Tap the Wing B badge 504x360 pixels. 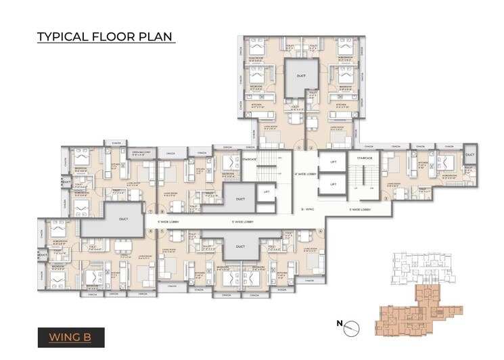(70, 336)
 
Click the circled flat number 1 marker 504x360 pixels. (299, 146)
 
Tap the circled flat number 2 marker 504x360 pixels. (312, 146)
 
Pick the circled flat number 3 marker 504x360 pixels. (386, 199)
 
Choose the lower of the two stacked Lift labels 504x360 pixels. (333, 183)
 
